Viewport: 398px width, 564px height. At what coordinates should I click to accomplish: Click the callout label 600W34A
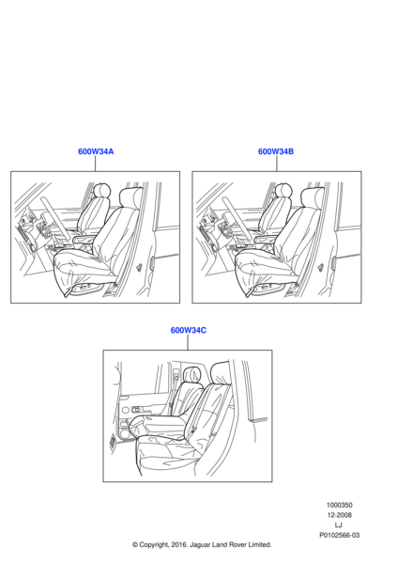(96, 151)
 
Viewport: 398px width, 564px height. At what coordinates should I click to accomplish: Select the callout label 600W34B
(276, 151)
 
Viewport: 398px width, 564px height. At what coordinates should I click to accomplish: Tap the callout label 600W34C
(189, 330)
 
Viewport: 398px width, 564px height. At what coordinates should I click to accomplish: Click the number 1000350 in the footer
(339, 505)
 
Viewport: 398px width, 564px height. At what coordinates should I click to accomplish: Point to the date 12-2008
(339, 515)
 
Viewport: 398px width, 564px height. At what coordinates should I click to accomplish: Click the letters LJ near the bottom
(338, 525)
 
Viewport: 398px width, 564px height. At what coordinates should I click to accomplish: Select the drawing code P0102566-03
(339, 535)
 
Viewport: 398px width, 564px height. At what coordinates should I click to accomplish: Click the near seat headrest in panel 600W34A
(130, 196)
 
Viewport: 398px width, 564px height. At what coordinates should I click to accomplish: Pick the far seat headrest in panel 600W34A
(102, 190)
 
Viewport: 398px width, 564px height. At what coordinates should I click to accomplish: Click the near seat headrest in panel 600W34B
(312, 196)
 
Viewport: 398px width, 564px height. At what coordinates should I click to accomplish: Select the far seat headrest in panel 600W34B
(283, 190)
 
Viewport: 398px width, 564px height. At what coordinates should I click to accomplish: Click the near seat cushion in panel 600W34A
(82, 267)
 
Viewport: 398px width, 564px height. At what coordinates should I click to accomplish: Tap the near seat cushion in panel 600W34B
(263, 267)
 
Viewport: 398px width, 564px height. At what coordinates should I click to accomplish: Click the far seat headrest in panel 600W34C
(192, 374)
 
